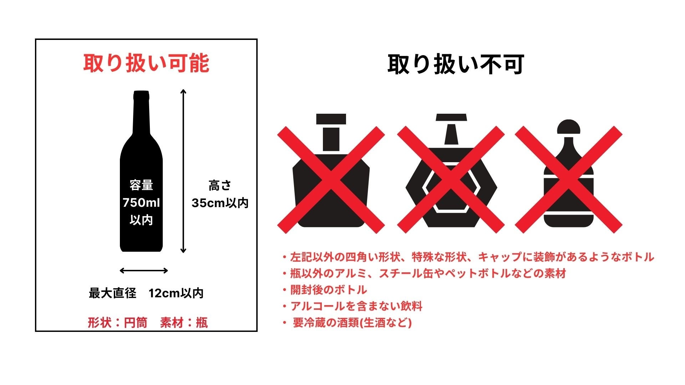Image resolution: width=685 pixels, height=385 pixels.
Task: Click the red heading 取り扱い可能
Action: [146, 63]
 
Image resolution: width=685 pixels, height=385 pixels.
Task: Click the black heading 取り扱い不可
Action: [455, 65]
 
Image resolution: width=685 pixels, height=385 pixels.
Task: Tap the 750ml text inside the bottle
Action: [141, 203]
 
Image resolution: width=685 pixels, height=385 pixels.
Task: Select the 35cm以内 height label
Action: [220, 203]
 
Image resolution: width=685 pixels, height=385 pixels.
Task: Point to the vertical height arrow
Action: [183, 171]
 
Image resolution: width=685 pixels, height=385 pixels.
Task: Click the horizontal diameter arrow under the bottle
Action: [144, 271]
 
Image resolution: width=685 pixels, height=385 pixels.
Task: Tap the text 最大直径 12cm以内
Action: [146, 293]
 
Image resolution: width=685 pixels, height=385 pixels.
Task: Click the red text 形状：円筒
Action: [117, 323]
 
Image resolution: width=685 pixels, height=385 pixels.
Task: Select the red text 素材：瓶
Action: [184, 323]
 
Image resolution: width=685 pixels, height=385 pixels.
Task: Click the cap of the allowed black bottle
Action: [141, 95]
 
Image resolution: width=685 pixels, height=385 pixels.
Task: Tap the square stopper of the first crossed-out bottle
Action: [331, 119]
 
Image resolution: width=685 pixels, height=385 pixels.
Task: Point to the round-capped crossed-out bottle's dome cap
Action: [568, 127]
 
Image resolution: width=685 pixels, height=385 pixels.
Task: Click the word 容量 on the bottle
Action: [141, 185]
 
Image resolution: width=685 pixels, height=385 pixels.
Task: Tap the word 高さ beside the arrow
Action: [220, 186]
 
